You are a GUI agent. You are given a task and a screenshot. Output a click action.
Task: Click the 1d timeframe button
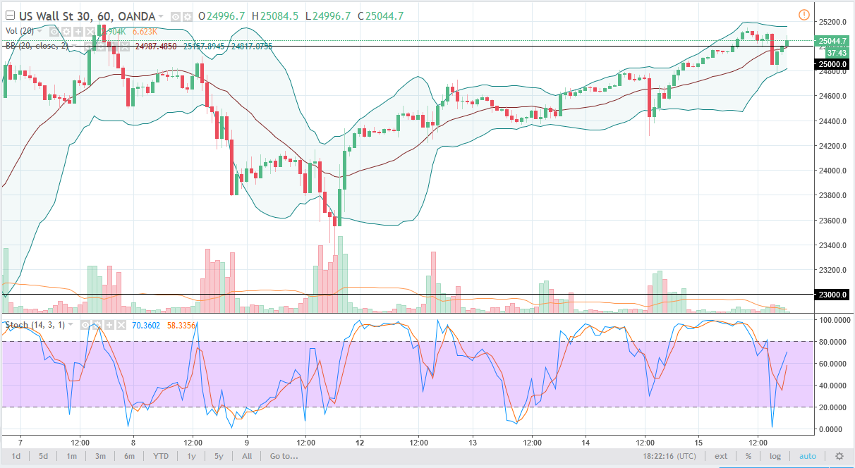click(x=16, y=456)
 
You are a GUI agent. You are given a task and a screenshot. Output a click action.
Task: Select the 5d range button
click(x=43, y=456)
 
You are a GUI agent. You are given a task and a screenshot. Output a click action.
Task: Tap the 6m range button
click(x=130, y=456)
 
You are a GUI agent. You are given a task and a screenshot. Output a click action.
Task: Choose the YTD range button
click(x=160, y=456)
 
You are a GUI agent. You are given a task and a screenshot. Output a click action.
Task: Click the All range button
click(x=247, y=456)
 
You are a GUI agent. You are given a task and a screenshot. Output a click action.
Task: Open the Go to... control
click(x=283, y=456)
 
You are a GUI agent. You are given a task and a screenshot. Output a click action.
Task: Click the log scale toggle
click(x=775, y=456)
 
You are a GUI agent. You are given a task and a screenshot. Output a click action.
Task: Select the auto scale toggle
click(x=807, y=456)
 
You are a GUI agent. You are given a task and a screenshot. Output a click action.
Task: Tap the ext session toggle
click(x=721, y=456)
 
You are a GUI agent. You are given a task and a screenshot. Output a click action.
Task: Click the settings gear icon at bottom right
click(x=839, y=456)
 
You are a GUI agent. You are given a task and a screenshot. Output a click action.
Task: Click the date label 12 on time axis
click(x=360, y=443)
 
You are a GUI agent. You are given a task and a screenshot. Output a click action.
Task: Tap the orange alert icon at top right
click(x=804, y=15)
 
